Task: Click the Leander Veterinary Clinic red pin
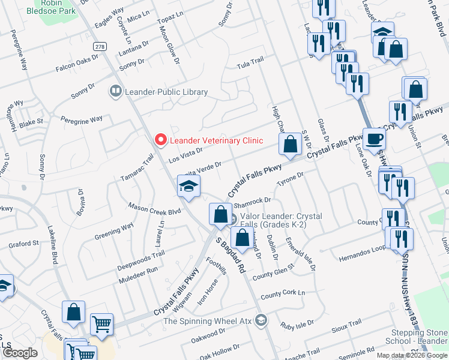coord(160,140)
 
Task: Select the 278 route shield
coord(100,46)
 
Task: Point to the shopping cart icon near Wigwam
coord(101,324)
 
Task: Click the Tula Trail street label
coord(250,62)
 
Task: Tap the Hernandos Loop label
coord(361,249)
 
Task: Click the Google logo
coord(20,353)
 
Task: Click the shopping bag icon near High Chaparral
coord(290,144)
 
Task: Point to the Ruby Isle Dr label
coord(297,325)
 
